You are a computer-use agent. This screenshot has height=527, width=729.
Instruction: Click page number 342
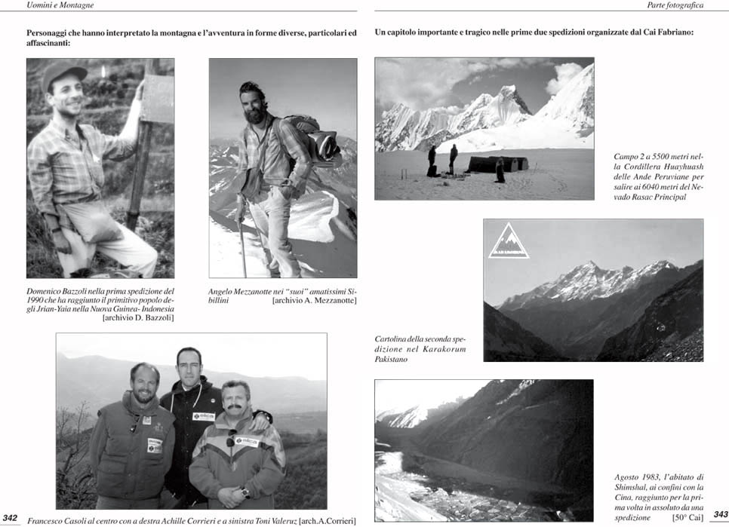(11, 517)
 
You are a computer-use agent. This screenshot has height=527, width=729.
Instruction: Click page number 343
(719, 514)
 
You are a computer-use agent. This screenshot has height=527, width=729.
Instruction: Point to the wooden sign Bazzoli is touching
(158, 98)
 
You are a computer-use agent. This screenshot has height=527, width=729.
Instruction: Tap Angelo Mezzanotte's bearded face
(254, 105)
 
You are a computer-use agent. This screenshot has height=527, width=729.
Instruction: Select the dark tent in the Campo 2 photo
(497, 164)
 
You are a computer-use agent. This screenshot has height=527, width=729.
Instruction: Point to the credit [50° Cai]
(687, 517)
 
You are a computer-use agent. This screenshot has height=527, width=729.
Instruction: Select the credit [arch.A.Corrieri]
(328, 520)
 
